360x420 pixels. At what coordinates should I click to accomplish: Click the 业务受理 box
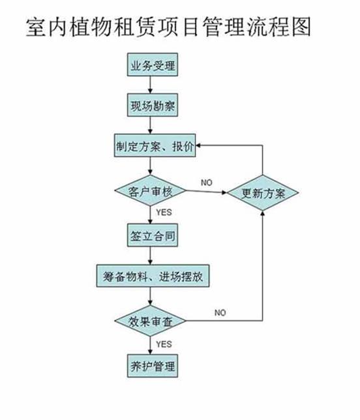(x=153, y=65)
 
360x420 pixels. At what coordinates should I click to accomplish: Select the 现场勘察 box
(x=153, y=105)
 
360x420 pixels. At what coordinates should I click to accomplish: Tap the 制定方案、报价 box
(x=155, y=145)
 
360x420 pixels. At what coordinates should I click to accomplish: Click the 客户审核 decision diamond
(x=150, y=190)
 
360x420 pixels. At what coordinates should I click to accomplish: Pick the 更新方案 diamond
(x=263, y=192)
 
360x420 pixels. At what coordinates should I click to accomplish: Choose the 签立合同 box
(x=153, y=235)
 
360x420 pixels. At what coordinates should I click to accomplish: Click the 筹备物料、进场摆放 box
(x=153, y=276)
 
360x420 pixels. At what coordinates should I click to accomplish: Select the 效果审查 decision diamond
(x=150, y=321)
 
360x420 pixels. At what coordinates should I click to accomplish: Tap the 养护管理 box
(x=153, y=366)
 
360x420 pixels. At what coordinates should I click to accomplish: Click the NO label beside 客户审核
(x=207, y=183)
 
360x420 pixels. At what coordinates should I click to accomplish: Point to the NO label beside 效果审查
(x=220, y=312)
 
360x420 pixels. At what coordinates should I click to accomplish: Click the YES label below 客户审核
(x=164, y=213)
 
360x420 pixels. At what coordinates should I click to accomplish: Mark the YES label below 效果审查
(x=164, y=344)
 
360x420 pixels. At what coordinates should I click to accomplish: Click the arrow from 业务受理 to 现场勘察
(x=150, y=85)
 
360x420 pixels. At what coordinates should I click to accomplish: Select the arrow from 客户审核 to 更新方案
(x=207, y=192)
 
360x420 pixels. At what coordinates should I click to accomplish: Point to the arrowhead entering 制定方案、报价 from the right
(x=198, y=145)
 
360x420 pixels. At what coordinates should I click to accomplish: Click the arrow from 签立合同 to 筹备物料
(x=150, y=256)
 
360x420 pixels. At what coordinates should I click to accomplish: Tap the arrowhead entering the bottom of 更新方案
(x=263, y=213)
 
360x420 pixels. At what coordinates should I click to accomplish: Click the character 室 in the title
(x=37, y=27)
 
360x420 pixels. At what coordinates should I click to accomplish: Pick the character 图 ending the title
(x=301, y=27)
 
